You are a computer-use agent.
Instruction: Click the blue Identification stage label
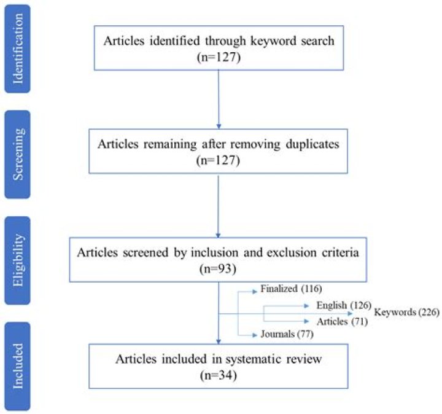[17, 49]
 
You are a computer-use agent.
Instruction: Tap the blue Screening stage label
[17, 154]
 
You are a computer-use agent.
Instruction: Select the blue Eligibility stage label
[17, 260]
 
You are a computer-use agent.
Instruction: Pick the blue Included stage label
[17, 366]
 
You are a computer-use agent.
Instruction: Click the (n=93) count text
[218, 268]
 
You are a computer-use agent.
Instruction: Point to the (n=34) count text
[219, 375]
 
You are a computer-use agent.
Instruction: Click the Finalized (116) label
[291, 289]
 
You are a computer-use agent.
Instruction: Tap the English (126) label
[344, 305]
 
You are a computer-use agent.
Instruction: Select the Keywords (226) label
[406, 312]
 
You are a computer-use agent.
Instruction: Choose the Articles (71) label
[342, 321]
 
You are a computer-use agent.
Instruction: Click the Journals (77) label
[287, 334]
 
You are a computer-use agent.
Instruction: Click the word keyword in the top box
[273, 41]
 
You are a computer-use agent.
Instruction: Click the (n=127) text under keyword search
[219, 57]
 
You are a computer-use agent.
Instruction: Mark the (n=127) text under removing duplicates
[218, 160]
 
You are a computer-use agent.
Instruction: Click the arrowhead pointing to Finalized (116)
[255, 292]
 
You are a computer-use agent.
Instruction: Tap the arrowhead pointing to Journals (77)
[255, 335]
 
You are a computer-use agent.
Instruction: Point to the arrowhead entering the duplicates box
[219, 127]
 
